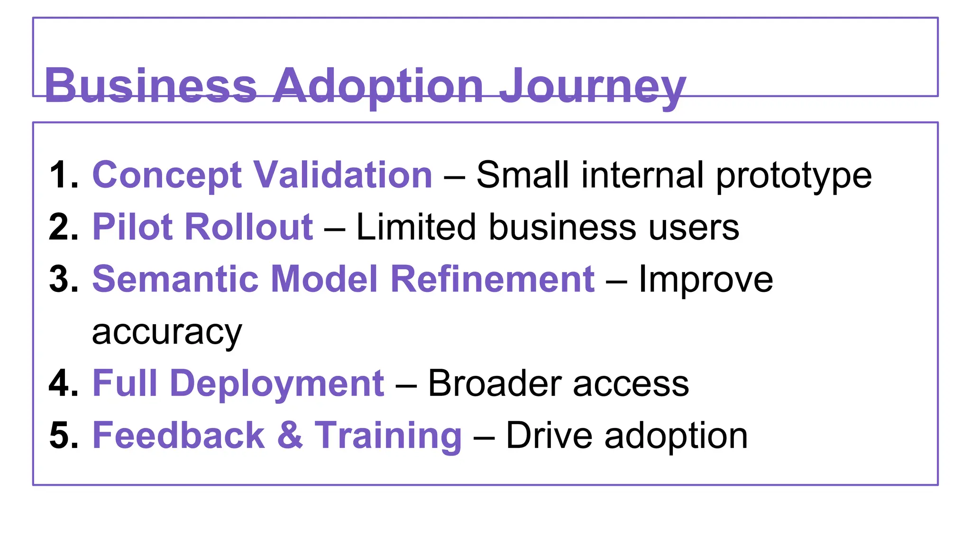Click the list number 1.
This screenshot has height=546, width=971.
[63, 175]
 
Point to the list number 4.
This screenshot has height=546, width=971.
[63, 383]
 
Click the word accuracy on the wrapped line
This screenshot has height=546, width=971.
[167, 332]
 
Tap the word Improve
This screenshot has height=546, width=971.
[705, 280]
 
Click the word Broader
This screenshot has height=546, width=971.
[495, 383]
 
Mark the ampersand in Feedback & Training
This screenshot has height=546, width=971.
[290, 435]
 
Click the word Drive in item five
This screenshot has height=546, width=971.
[549, 435]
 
